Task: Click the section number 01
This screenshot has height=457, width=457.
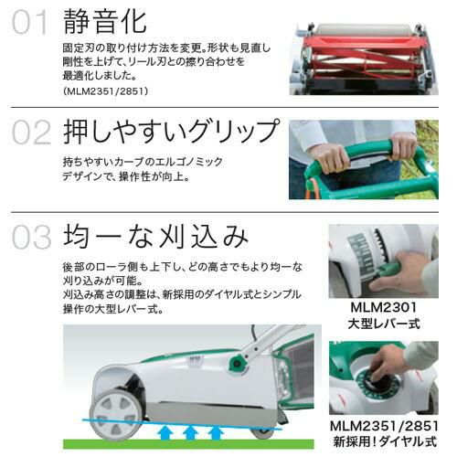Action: tap(30, 22)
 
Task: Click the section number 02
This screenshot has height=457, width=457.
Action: tap(31, 133)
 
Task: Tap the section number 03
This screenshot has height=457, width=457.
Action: tap(31, 237)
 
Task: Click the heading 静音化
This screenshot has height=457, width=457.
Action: tap(105, 21)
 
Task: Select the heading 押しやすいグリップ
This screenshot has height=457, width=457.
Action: tap(171, 132)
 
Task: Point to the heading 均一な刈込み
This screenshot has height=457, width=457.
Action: tap(155, 236)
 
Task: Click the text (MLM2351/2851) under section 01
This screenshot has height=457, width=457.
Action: tap(106, 91)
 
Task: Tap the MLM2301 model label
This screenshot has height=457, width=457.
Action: tap(383, 307)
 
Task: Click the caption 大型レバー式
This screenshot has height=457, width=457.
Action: tap(384, 324)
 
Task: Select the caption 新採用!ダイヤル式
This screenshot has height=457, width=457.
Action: tap(385, 441)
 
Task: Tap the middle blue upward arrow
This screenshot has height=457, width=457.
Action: tap(190, 432)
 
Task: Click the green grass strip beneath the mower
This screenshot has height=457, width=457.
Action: tap(188, 444)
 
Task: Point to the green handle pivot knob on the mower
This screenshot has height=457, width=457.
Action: tap(237, 364)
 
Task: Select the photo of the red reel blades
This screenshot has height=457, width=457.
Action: tap(364, 59)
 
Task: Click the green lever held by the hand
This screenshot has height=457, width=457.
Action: tap(387, 269)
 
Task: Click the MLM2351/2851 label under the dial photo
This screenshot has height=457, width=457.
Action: tap(384, 426)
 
